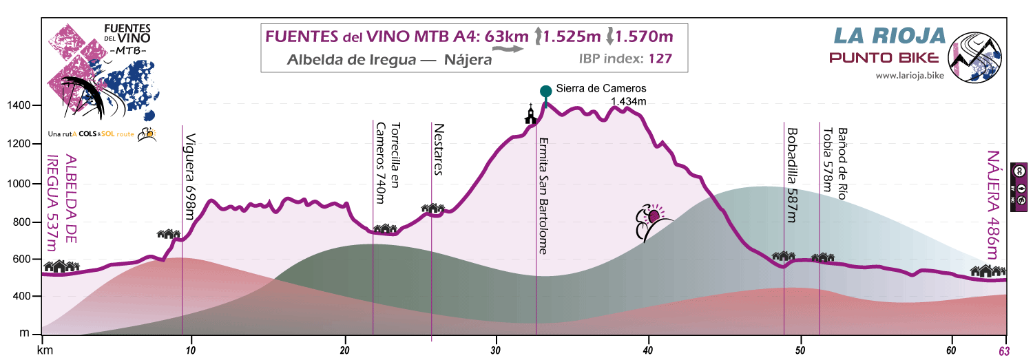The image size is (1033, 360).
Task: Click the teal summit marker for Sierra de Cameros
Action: tap(545, 91)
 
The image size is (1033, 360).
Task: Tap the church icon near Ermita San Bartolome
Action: tap(530, 114)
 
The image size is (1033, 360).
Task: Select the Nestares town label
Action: tap(439, 150)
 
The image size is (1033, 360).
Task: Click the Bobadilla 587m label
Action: tap(792, 176)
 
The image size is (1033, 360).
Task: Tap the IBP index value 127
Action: tap(659, 59)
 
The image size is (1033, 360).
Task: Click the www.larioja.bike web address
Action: tap(909, 75)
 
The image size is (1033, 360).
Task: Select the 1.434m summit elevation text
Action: tap(629, 103)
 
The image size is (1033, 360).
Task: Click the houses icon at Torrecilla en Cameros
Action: tap(385, 228)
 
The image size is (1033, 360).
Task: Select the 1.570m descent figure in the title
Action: tap(644, 36)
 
